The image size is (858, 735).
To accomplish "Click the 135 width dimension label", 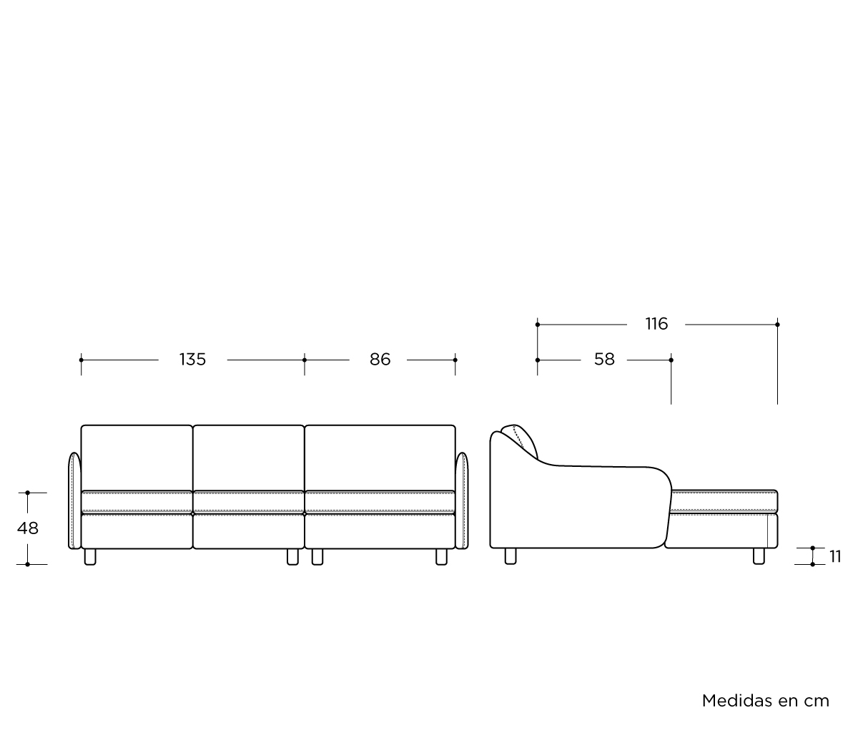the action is coord(192,360).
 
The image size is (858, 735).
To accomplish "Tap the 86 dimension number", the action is coord(380,360).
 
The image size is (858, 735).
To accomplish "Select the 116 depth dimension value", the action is coord(656,324).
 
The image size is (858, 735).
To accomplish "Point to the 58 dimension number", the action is coord(604,360).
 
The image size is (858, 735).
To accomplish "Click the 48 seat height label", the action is coord(28,528).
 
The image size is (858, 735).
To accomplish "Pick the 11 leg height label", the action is coord(835,556).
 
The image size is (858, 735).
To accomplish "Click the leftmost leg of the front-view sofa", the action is coord(90,556).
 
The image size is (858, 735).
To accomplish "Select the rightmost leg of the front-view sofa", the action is coord(441,556).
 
